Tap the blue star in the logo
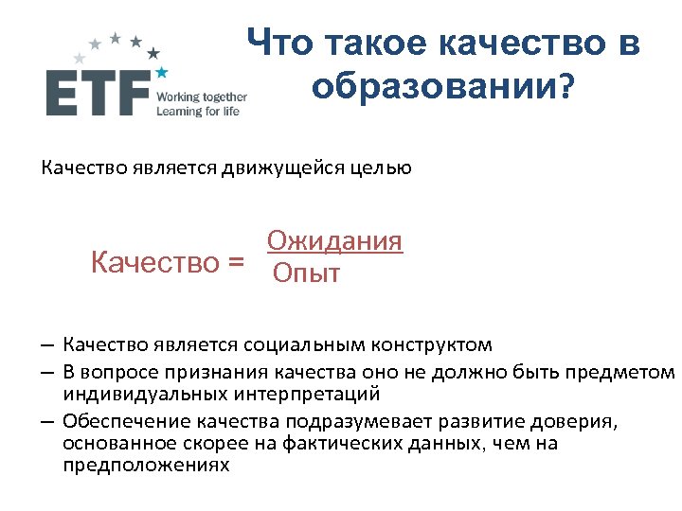[161, 71]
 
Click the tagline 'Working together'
[202, 97]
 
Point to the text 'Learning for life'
[198, 111]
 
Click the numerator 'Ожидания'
[335, 241]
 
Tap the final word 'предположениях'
[146, 467]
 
